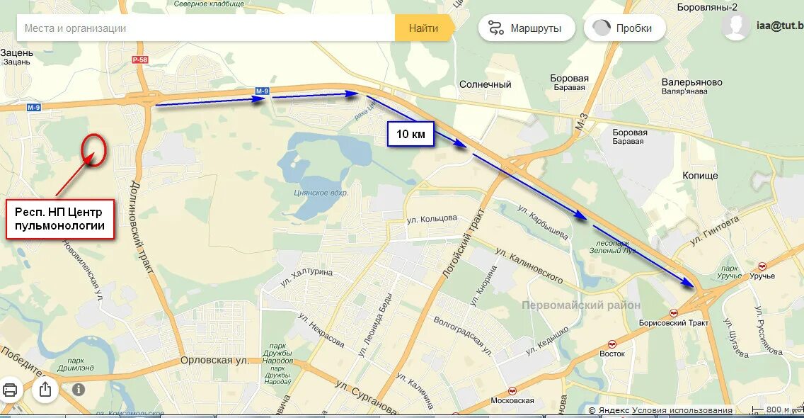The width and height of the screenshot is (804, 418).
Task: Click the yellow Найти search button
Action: coord(423,28)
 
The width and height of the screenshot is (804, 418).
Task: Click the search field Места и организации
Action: coord(205,28)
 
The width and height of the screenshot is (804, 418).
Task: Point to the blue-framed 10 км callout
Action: coord(410,134)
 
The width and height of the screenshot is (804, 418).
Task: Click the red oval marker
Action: coord(93,149)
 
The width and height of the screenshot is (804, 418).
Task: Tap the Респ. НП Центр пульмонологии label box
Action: coord(60,219)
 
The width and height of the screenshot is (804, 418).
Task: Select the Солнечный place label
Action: coord(485,84)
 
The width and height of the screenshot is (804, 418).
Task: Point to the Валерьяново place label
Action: coord(691,82)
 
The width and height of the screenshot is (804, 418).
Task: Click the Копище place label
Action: coord(700,175)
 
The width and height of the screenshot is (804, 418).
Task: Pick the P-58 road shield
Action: coord(139,60)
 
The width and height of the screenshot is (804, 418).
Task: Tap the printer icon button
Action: coord(11,389)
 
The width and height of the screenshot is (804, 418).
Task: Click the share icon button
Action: coord(45,389)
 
